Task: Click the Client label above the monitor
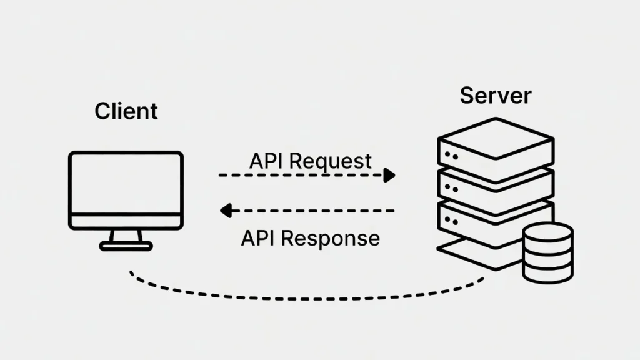pyautogui.click(x=126, y=111)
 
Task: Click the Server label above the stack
pyautogui.click(x=496, y=96)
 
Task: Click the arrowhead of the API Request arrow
pyautogui.click(x=389, y=175)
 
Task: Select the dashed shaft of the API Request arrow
pyautogui.click(x=300, y=175)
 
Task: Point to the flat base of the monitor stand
pyautogui.click(x=126, y=246)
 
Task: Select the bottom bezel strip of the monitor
pyautogui.click(x=126, y=221)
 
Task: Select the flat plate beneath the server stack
pyautogui.click(x=475, y=253)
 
